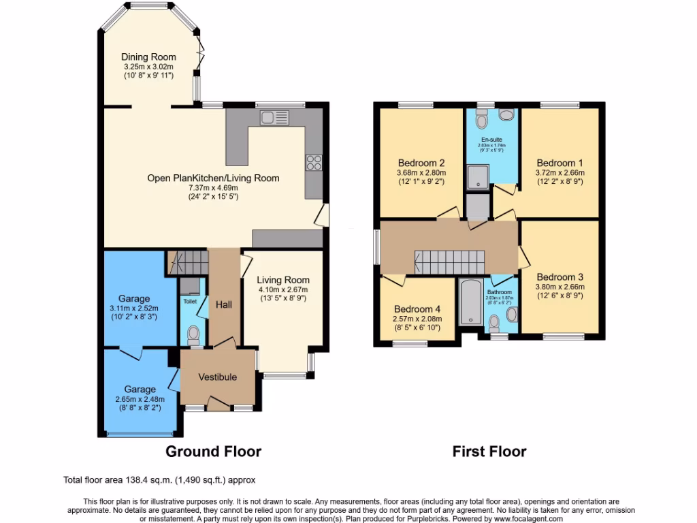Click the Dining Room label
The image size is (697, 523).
coord(148,57)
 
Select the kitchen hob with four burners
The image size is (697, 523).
coord(314,162)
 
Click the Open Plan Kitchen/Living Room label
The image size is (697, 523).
coord(213,178)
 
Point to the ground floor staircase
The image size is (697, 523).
coord(187,261)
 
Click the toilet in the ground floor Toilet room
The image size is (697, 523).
coord(193,334)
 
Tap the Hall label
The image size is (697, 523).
coord(224,304)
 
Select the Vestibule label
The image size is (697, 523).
coord(217,377)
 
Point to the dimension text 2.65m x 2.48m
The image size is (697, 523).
coord(140,400)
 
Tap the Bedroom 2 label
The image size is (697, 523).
coord(421,163)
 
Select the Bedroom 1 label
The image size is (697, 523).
coord(560,163)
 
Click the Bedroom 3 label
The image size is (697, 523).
coord(560,277)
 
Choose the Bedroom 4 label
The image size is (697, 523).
coord(417,308)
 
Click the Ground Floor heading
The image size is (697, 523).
coord(214,451)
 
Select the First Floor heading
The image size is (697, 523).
coord(489,451)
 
